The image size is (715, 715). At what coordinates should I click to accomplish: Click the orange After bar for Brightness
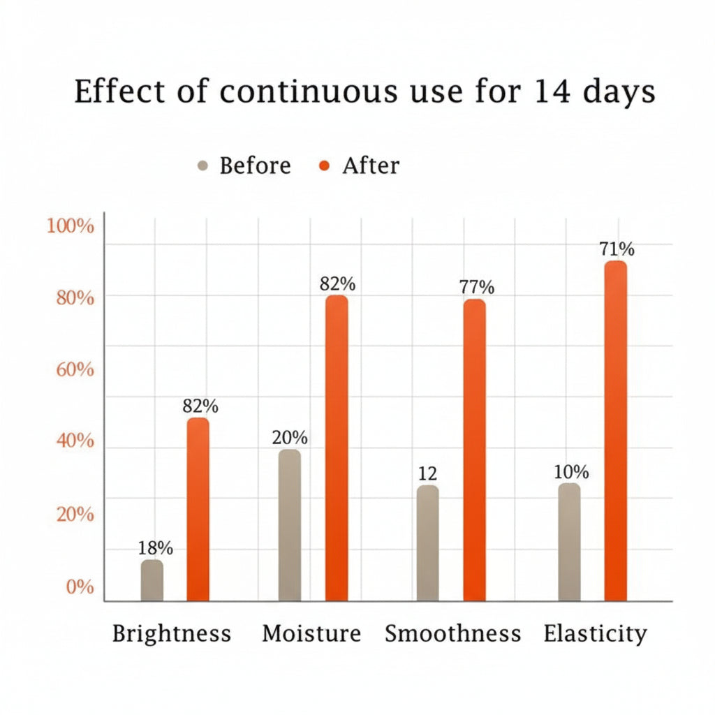(x=198, y=510)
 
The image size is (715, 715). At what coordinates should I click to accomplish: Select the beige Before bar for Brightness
(x=152, y=580)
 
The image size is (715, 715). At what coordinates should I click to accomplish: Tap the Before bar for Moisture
(x=290, y=525)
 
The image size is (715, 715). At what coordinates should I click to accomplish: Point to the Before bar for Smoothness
(x=427, y=543)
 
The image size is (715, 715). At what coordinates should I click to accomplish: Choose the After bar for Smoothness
(x=474, y=450)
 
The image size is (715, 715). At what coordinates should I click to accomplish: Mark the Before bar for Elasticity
(x=569, y=542)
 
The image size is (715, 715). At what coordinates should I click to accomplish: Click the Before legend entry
(x=244, y=166)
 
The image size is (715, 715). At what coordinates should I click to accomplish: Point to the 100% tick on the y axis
(x=70, y=226)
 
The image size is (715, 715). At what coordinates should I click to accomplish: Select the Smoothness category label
(x=453, y=634)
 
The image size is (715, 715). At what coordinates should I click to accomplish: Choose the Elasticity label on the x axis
(x=595, y=634)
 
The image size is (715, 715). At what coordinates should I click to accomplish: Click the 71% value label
(x=617, y=249)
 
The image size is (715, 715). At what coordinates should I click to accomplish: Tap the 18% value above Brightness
(x=154, y=549)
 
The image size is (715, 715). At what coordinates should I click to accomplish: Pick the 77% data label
(x=476, y=287)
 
